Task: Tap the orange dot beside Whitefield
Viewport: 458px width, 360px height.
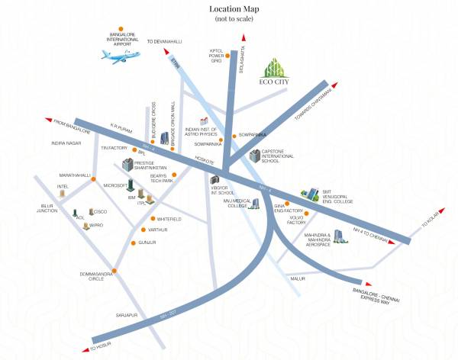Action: tap(153, 219)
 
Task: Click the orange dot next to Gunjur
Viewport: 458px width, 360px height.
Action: tap(134, 243)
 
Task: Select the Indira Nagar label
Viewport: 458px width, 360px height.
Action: tap(66, 143)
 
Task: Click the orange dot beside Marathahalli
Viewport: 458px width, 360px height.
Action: tap(95, 175)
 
